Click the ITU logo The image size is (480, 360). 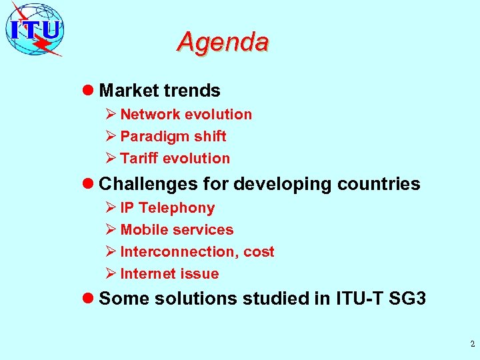coord(35,29)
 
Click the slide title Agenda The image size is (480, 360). coord(223,42)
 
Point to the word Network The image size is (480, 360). coord(150,115)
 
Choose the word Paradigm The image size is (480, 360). coord(153,137)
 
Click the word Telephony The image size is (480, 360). coord(177,208)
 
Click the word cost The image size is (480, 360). coord(259,252)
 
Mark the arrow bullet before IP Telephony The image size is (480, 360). coord(111,208)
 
